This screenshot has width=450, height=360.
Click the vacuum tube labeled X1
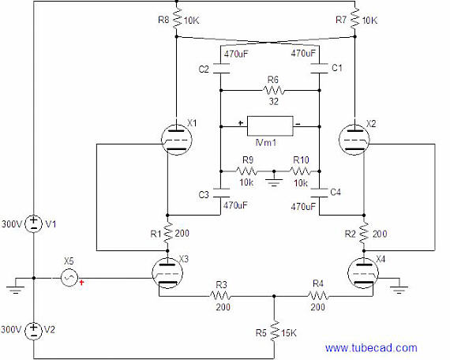[x=177, y=140]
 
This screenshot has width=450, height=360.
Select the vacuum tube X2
[x=354, y=140]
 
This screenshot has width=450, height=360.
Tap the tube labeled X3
[x=167, y=273]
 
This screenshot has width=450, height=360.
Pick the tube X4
[x=363, y=273]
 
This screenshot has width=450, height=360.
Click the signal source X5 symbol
[x=69, y=278]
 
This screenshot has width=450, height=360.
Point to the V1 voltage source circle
[x=34, y=223]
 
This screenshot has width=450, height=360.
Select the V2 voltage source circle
[x=34, y=331]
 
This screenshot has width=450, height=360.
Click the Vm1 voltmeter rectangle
[x=270, y=126]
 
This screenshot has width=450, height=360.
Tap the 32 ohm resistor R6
[x=274, y=91]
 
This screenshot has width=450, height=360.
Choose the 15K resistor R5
[x=275, y=332]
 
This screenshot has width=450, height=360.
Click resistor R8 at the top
[x=177, y=18]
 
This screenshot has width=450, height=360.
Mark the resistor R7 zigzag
[x=355, y=18]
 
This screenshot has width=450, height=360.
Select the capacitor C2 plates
[x=221, y=69]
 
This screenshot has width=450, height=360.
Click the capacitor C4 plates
[x=320, y=193]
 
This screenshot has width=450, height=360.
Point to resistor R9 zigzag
[x=247, y=171]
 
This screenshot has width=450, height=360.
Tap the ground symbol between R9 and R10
[x=274, y=180]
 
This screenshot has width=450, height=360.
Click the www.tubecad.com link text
[x=371, y=348]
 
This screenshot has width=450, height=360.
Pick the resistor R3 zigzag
[x=220, y=296]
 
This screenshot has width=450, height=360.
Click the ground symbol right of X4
[x=399, y=288]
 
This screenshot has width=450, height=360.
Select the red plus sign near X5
[x=82, y=283]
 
